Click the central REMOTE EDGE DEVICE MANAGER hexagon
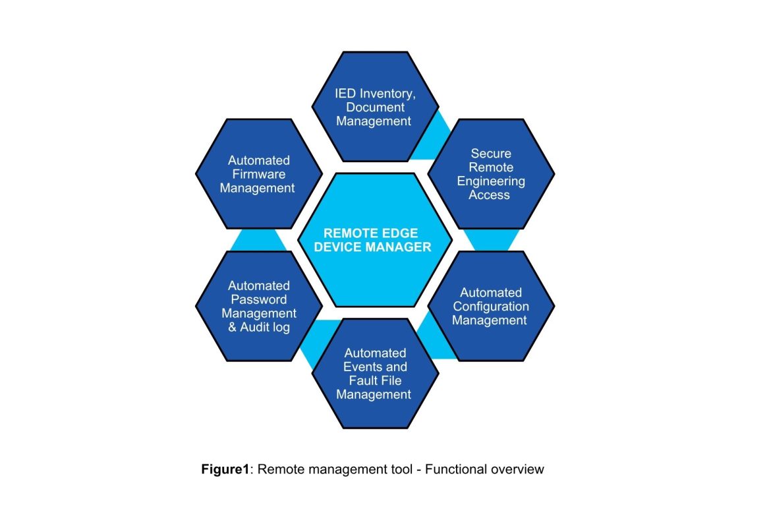(375, 240)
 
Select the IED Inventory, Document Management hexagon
(375, 106)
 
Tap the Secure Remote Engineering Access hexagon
(491, 174)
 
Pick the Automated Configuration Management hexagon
(491, 306)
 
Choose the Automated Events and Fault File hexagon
(375, 373)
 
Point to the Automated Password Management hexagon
(258, 306)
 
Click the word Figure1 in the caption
(225, 469)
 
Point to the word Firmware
(259, 174)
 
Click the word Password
(259, 299)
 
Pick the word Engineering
(491, 181)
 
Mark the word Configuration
(491, 307)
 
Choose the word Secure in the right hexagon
(491, 154)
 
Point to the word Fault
(360, 380)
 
